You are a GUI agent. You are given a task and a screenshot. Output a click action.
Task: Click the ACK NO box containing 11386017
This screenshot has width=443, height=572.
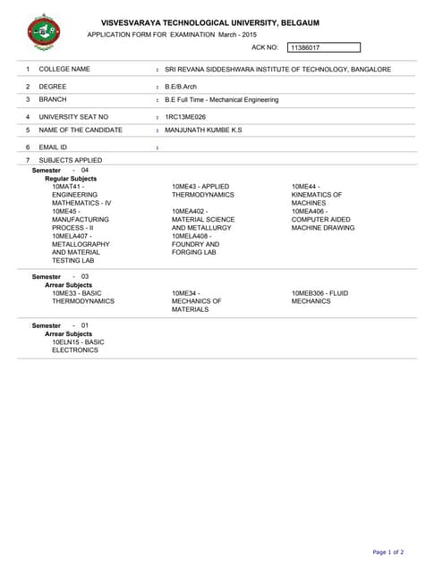(x=323, y=47)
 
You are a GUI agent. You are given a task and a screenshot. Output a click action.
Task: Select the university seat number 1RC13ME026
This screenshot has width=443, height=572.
(x=185, y=117)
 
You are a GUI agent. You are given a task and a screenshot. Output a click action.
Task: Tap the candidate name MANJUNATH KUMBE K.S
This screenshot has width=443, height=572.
(x=203, y=130)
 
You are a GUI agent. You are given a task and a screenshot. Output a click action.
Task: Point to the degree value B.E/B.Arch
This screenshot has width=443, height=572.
(x=181, y=87)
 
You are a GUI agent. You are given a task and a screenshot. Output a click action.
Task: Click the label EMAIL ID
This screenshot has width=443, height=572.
(x=53, y=147)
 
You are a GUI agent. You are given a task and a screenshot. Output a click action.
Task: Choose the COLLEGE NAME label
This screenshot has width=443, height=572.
(x=64, y=69)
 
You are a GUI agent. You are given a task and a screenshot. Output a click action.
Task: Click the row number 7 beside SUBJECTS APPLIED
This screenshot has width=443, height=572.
(x=28, y=160)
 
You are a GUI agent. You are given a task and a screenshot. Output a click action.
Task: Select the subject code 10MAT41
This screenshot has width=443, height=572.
(x=68, y=186)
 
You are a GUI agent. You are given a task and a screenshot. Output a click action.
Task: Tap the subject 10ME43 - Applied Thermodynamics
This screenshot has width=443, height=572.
(x=202, y=190)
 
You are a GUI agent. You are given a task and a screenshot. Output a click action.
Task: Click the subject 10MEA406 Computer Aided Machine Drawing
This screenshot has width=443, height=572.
(x=322, y=219)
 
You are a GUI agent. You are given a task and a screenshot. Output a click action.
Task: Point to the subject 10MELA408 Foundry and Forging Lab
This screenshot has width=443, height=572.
(x=195, y=244)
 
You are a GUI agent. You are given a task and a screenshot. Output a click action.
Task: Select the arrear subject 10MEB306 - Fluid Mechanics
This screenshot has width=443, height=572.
(x=319, y=297)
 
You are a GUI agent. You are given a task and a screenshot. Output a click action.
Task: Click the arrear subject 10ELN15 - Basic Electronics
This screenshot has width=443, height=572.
(x=78, y=346)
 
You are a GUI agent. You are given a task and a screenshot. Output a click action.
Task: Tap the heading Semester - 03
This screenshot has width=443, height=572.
(x=60, y=277)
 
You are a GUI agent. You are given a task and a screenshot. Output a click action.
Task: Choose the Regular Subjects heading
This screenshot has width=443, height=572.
(x=71, y=178)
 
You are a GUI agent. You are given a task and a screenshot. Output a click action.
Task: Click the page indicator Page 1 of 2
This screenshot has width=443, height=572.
(x=388, y=552)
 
